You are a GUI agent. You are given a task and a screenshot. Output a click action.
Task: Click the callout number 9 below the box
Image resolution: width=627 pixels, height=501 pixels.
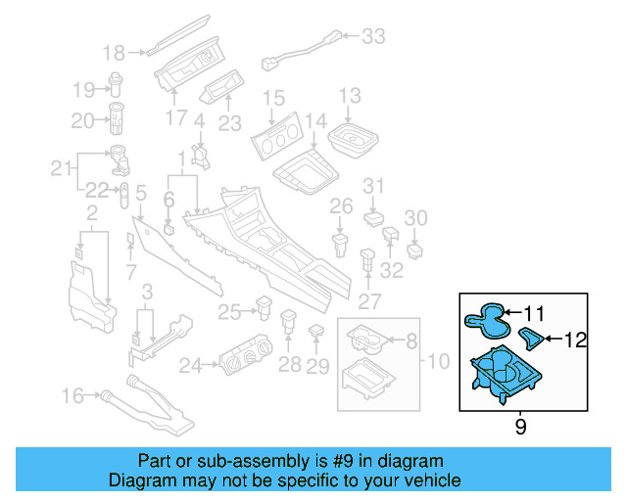[x=521, y=427]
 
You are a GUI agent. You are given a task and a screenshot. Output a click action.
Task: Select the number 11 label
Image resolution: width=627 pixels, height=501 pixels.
[x=533, y=314]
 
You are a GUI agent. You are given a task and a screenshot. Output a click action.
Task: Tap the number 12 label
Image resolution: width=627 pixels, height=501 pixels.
[x=575, y=340]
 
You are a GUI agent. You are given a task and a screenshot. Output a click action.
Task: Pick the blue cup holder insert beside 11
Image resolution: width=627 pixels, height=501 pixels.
[x=484, y=316]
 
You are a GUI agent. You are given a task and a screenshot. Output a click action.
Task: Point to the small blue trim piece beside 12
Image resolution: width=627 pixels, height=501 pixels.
[x=530, y=339]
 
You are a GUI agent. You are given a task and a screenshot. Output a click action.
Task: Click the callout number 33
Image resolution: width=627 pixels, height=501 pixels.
[x=373, y=37]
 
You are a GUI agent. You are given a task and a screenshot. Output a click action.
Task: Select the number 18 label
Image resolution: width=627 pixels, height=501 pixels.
[x=115, y=53]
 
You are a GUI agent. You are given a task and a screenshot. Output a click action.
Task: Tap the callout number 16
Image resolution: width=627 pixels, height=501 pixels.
[x=73, y=396]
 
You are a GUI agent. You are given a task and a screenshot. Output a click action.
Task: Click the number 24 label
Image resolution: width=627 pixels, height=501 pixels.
[x=191, y=366]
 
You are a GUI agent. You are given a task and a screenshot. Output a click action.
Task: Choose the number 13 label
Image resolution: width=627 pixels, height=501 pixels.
[x=350, y=96]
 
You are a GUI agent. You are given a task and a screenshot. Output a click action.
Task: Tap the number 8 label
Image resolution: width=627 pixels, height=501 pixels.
[x=410, y=341]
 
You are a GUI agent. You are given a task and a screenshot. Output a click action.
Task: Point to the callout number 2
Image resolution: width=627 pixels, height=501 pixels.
[x=91, y=213]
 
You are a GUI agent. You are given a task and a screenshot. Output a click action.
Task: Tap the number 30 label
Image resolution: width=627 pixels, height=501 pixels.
[x=416, y=218]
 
